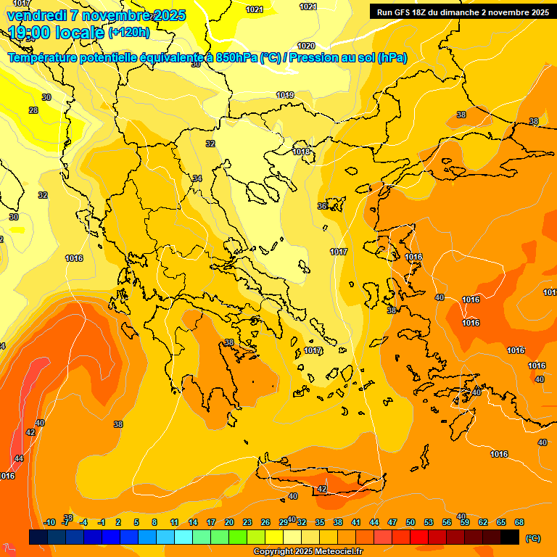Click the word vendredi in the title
coord(37,15)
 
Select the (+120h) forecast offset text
coord(129,33)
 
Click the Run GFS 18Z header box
coord(461,12)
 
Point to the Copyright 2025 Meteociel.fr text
coord(308,552)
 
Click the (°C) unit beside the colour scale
coord(533,538)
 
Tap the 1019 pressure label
coord(285,96)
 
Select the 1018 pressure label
coord(302,152)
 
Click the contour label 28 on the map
coord(33,110)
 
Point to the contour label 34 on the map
coord(197,178)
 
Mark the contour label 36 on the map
coord(322,206)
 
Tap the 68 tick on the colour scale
coord(519,522)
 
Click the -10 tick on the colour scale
coord(49,522)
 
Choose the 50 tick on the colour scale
coord(410,522)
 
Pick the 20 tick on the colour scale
coord(229,522)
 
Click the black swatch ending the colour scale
coord(510,537)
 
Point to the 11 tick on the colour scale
coord(174,522)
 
